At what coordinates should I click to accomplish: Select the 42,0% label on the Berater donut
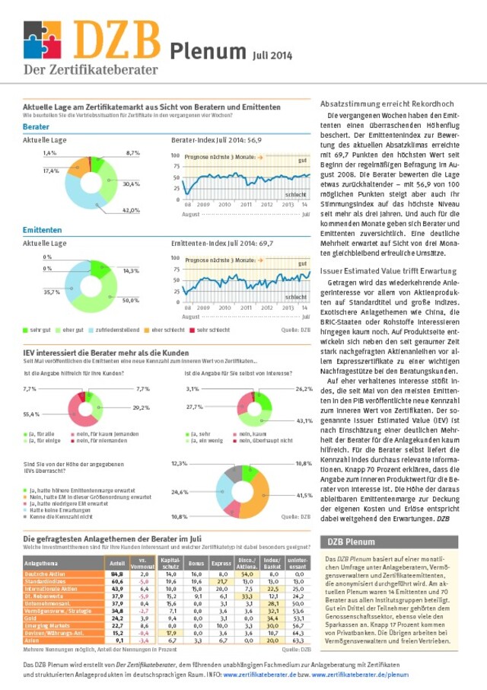(131, 209)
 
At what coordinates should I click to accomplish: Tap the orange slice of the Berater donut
(75, 168)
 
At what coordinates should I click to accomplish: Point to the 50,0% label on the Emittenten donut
(131, 300)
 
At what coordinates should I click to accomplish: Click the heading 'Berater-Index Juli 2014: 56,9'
(216, 141)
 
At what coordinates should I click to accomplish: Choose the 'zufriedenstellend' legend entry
(116, 330)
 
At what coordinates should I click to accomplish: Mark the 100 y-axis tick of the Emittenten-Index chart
(176, 257)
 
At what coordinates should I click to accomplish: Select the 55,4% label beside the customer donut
(31, 414)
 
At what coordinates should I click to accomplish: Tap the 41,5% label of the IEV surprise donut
(304, 495)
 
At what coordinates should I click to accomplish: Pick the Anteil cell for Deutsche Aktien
(116, 573)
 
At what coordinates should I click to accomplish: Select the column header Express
(221, 563)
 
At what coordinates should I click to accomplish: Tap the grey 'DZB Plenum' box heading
(351, 542)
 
